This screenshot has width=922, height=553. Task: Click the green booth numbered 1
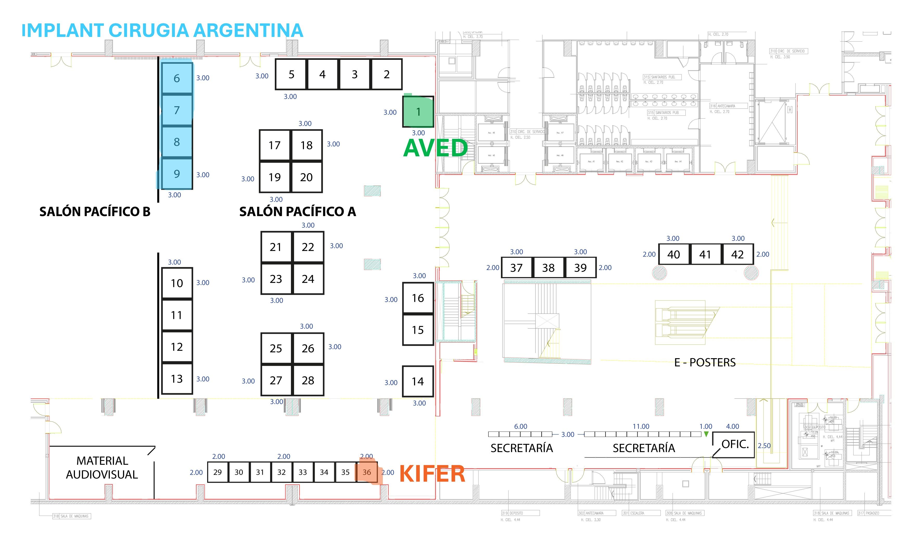418,112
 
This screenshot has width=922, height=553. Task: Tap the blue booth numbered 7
177,110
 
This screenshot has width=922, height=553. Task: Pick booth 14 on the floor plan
418,381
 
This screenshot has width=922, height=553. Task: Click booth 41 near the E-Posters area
705,254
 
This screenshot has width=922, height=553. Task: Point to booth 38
548,268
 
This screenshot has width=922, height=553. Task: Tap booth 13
177,379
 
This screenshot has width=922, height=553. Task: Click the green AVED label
435,148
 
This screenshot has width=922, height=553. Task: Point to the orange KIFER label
432,474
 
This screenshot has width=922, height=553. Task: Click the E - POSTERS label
705,363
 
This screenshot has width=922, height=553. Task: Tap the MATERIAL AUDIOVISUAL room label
102,468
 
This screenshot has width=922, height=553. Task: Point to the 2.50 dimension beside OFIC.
764,446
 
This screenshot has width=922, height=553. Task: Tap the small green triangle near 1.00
706,434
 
